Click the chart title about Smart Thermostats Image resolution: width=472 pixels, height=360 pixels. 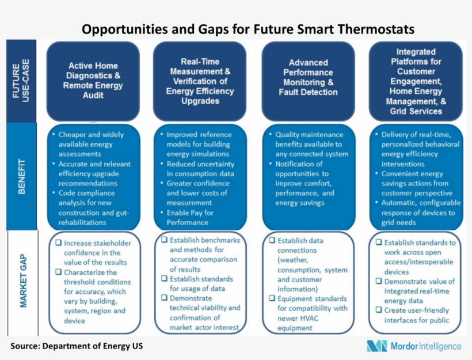coord(248,29)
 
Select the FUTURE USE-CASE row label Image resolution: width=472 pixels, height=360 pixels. coord(21,81)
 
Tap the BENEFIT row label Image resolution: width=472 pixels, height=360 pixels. coord(21,176)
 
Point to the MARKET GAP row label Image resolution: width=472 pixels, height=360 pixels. coord(23,281)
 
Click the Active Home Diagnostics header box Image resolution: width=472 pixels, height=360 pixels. coord(93,81)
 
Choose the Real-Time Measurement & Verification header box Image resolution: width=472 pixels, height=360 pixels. coord(200,81)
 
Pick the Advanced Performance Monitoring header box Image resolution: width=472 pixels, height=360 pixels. coord(309,81)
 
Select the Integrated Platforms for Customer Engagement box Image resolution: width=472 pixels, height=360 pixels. coord(416,81)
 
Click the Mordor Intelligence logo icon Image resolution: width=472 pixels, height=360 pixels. coord(377,346)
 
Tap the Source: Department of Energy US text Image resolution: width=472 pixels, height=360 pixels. coord(77,346)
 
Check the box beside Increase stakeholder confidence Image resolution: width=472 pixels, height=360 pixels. coord(58,243)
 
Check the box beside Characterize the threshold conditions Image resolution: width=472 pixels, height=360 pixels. coord(58,272)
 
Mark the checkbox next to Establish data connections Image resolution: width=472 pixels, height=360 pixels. coord(272,240)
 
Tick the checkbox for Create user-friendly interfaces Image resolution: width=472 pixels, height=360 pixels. coord(379,310)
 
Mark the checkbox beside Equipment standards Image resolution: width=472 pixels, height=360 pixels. coord(272,298)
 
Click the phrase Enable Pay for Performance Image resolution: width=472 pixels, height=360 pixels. coord(191,218)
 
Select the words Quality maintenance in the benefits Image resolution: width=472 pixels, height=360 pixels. coord(309,135)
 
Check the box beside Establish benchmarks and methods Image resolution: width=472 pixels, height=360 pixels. coord(164,240)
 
